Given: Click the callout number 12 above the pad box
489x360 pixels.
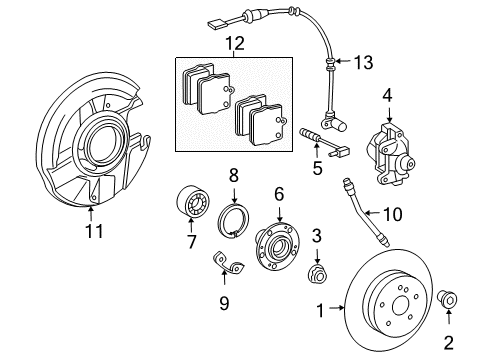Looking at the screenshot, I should click(x=234, y=43).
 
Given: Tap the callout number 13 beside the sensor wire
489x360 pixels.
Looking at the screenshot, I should click(x=363, y=63).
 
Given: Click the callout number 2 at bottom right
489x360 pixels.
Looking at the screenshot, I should click(x=447, y=341).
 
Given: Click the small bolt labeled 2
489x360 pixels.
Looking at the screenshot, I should click(x=447, y=299).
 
